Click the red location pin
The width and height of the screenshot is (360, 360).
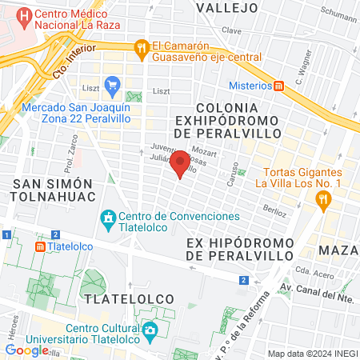click(181, 163)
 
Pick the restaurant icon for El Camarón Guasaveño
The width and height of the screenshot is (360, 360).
click(142, 47)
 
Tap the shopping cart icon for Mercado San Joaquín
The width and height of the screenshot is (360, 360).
click(112, 83)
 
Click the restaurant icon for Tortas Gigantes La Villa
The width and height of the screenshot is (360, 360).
click(324, 202)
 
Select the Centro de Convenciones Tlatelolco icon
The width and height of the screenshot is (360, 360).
click(107, 217)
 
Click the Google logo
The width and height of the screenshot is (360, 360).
click(26, 350)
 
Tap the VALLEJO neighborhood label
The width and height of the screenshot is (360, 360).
click(227, 8)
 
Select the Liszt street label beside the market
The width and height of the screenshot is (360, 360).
click(161, 92)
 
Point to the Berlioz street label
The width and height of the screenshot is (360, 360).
click(274, 209)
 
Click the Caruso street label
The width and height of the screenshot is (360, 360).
click(230, 170)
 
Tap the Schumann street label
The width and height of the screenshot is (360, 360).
click(340, 16)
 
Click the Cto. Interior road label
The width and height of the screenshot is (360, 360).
click(68, 62)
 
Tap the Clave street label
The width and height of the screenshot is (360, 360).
click(232, 30)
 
